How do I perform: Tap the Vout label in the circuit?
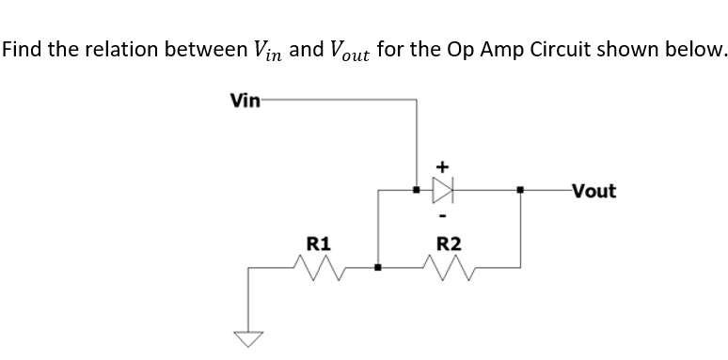tap(592, 192)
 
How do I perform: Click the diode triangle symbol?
tap(441, 192)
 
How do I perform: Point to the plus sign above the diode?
tap(441, 166)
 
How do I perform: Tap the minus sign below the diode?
tap(441, 218)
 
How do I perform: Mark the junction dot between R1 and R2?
tap(378, 268)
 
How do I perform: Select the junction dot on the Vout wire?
tap(521, 191)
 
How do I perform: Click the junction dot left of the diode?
tap(417, 191)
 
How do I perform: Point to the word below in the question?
tap(698, 50)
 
